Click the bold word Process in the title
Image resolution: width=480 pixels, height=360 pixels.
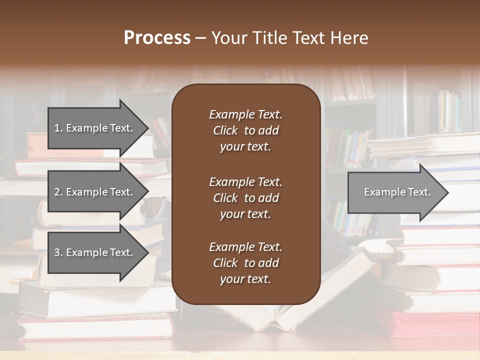tap(157, 38)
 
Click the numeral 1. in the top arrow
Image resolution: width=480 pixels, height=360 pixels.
tap(58, 128)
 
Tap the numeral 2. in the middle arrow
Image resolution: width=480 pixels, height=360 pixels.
tap(58, 192)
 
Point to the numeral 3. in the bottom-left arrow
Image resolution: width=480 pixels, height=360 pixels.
tap(58, 252)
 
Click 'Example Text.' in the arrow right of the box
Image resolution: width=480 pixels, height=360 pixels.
tap(397, 192)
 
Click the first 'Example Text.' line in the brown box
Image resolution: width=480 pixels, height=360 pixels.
tap(245, 114)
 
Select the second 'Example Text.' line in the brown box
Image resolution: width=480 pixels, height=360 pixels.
tap(245, 181)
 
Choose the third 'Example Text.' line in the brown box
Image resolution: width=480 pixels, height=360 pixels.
tap(245, 247)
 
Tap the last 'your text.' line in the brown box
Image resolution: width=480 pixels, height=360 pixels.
tap(245, 279)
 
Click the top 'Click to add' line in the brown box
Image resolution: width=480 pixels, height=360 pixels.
tap(245, 130)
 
